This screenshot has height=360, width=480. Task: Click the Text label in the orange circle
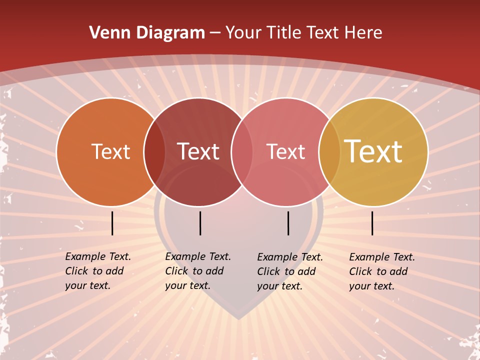coord(110,152)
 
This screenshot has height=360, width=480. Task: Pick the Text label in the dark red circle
coord(198,152)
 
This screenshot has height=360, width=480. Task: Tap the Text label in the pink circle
coord(285,152)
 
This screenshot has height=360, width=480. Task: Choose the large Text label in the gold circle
coord(373,151)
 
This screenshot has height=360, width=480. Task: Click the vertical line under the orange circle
coord(112,223)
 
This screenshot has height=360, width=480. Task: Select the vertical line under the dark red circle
coord(200,223)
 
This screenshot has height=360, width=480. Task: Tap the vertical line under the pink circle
coord(288,223)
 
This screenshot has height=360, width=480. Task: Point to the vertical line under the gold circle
coord(372,223)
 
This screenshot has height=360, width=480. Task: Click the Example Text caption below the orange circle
coord(98,271)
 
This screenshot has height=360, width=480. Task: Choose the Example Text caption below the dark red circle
coord(198,271)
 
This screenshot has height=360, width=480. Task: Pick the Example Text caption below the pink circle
coord(290,271)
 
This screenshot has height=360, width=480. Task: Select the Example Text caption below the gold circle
coord(382,271)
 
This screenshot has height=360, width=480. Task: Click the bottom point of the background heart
coord(239,318)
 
